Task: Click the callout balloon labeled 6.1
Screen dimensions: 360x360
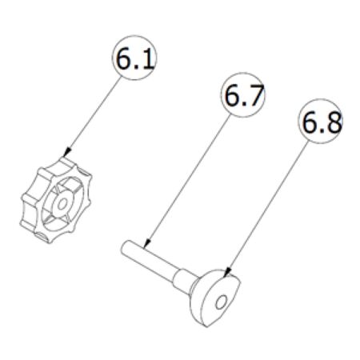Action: [x=134, y=61]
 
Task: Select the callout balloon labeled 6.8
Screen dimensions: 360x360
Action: [x=319, y=124]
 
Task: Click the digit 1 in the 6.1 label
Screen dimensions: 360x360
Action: [x=146, y=61]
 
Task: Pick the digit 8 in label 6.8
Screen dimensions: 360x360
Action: [x=330, y=124]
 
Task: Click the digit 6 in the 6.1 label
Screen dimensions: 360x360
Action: [x=124, y=61]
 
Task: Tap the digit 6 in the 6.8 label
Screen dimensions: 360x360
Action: [x=308, y=124]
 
